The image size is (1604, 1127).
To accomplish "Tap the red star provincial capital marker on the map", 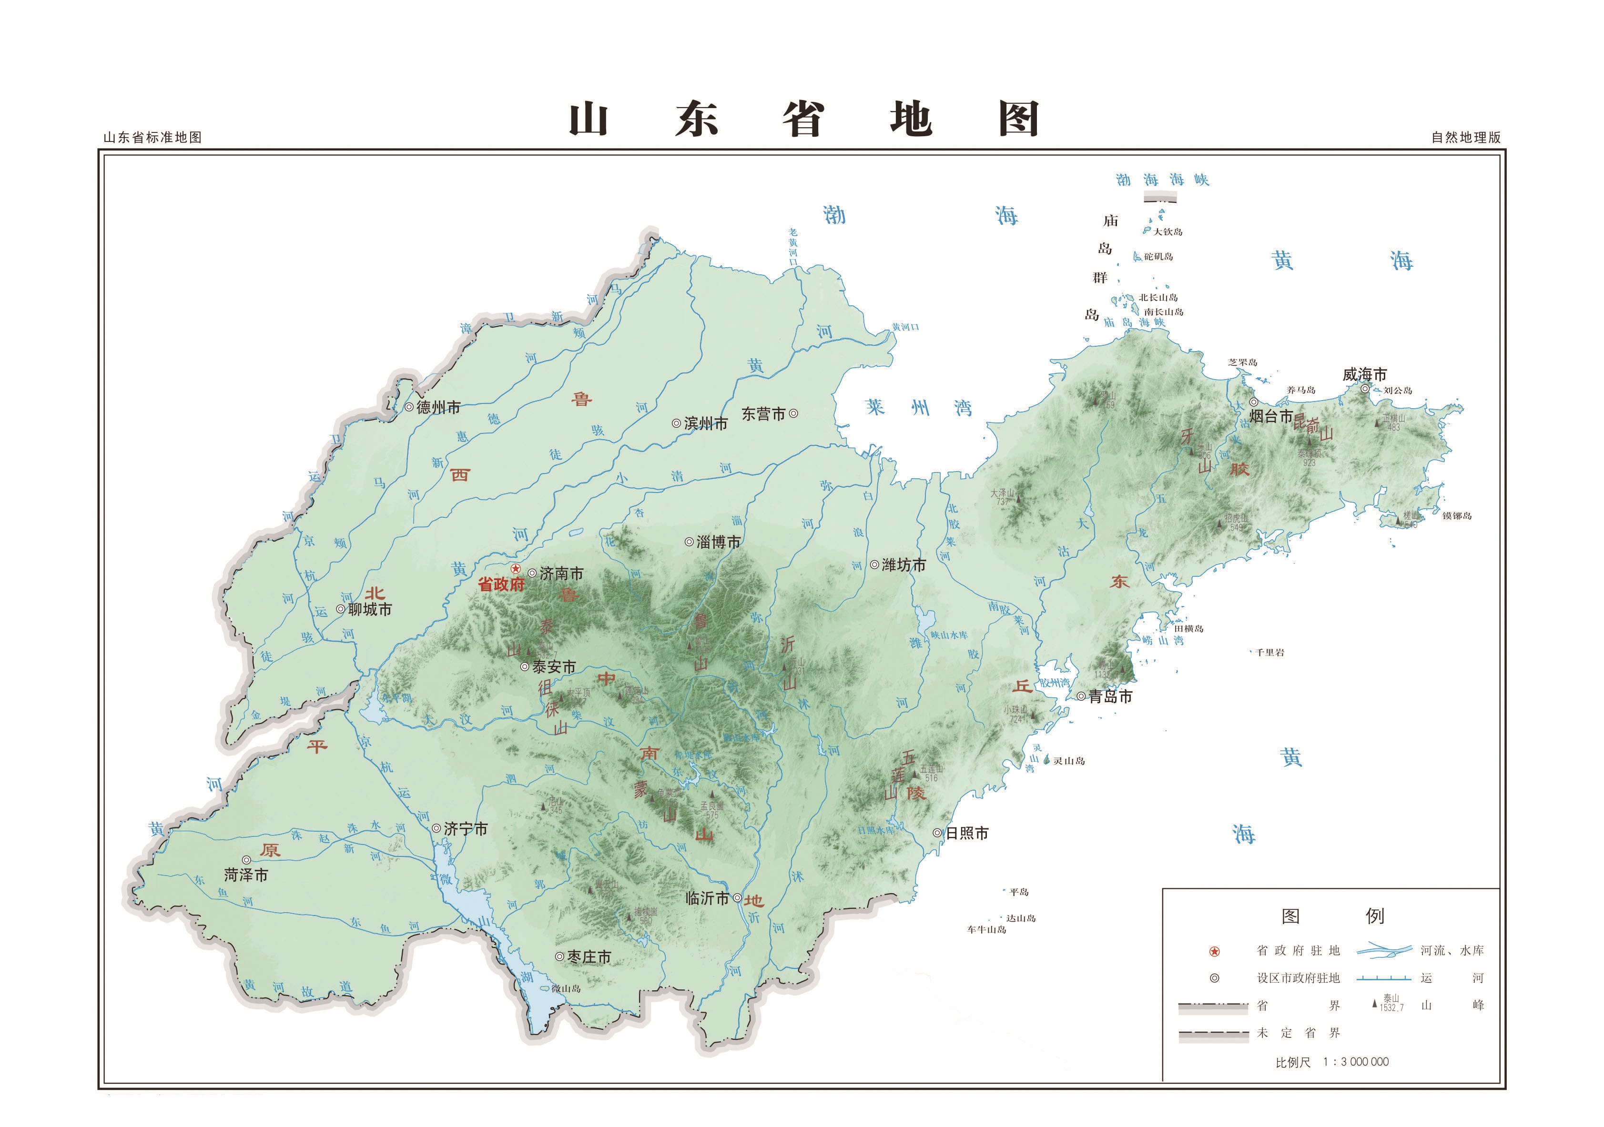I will click(x=516, y=569).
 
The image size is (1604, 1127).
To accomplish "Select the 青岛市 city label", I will click(x=1110, y=696).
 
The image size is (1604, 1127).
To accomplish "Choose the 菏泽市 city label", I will click(x=246, y=875).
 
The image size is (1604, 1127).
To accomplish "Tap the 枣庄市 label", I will click(x=589, y=957).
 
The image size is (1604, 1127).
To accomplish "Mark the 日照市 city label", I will click(x=967, y=833).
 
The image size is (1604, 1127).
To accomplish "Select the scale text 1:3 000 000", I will click(x=1355, y=1062).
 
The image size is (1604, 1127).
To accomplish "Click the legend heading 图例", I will click(x=1331, y=916).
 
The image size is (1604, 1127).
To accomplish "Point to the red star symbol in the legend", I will click(x=1214, y=952).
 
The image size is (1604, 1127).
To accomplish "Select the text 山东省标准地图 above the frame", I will click(x=152, y=138).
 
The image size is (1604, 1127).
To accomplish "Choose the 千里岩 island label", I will click(x=1269, y=653).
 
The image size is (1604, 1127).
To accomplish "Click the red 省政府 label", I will click(x=501, y=584).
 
